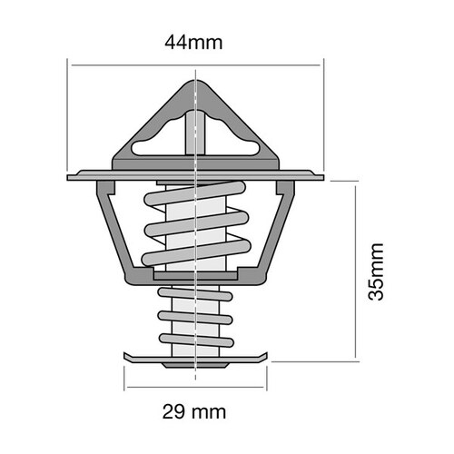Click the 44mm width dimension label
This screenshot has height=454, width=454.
point(194,42)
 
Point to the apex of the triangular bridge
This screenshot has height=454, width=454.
point(196,83)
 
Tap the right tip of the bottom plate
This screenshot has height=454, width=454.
point(269,357)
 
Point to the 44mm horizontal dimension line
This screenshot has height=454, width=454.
point(136,64)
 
